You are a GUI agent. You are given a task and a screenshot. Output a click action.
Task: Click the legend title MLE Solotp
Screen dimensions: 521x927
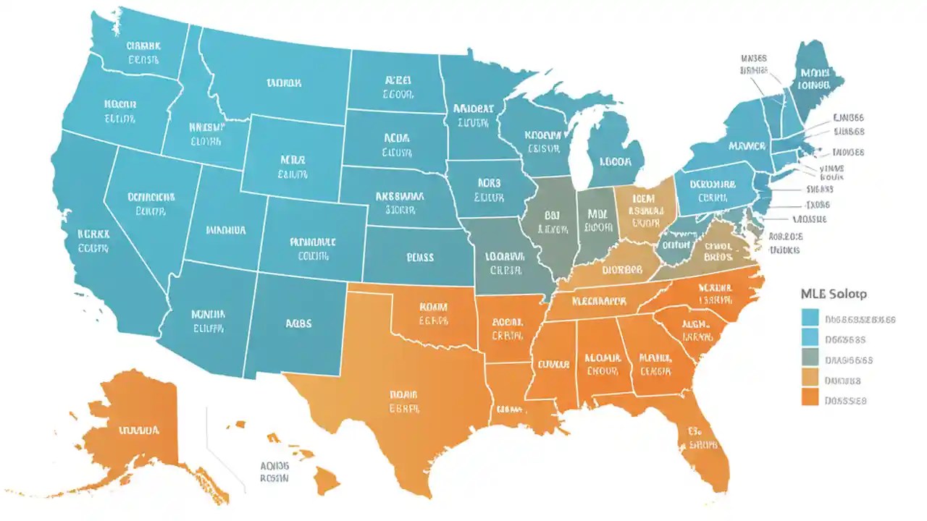(x=834, y=294)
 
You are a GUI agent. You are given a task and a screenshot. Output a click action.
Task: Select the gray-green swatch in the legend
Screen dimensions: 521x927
(x=810, y=357)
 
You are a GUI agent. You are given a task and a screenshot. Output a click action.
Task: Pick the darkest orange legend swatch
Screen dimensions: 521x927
(x=810, y=397)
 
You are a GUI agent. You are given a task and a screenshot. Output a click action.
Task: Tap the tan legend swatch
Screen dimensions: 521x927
(x=810, y=377)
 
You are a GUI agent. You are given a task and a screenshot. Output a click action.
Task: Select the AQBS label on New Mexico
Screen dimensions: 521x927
(x=298, y=323)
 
